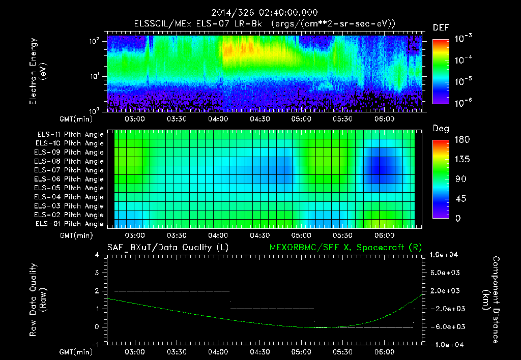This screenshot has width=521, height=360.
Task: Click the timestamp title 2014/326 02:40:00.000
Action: [x=260, y=12]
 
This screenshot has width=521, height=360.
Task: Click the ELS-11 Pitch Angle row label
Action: [x=69, y=134]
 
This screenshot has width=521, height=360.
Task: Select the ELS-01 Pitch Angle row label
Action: [x=69, y=224]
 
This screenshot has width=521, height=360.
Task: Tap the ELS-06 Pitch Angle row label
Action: [x=69, y=179]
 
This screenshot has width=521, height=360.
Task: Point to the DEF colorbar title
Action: [x=441, y=28]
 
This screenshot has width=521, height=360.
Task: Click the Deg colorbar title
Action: [x=441, y=129]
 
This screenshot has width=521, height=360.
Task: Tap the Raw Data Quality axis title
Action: [x=38, y=300]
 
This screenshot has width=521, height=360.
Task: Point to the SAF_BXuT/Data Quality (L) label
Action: [x=168, y=247]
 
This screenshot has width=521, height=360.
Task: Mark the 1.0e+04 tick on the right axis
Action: [x=446, y=255]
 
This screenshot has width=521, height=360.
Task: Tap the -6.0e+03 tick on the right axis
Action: [x=446, y=326]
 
